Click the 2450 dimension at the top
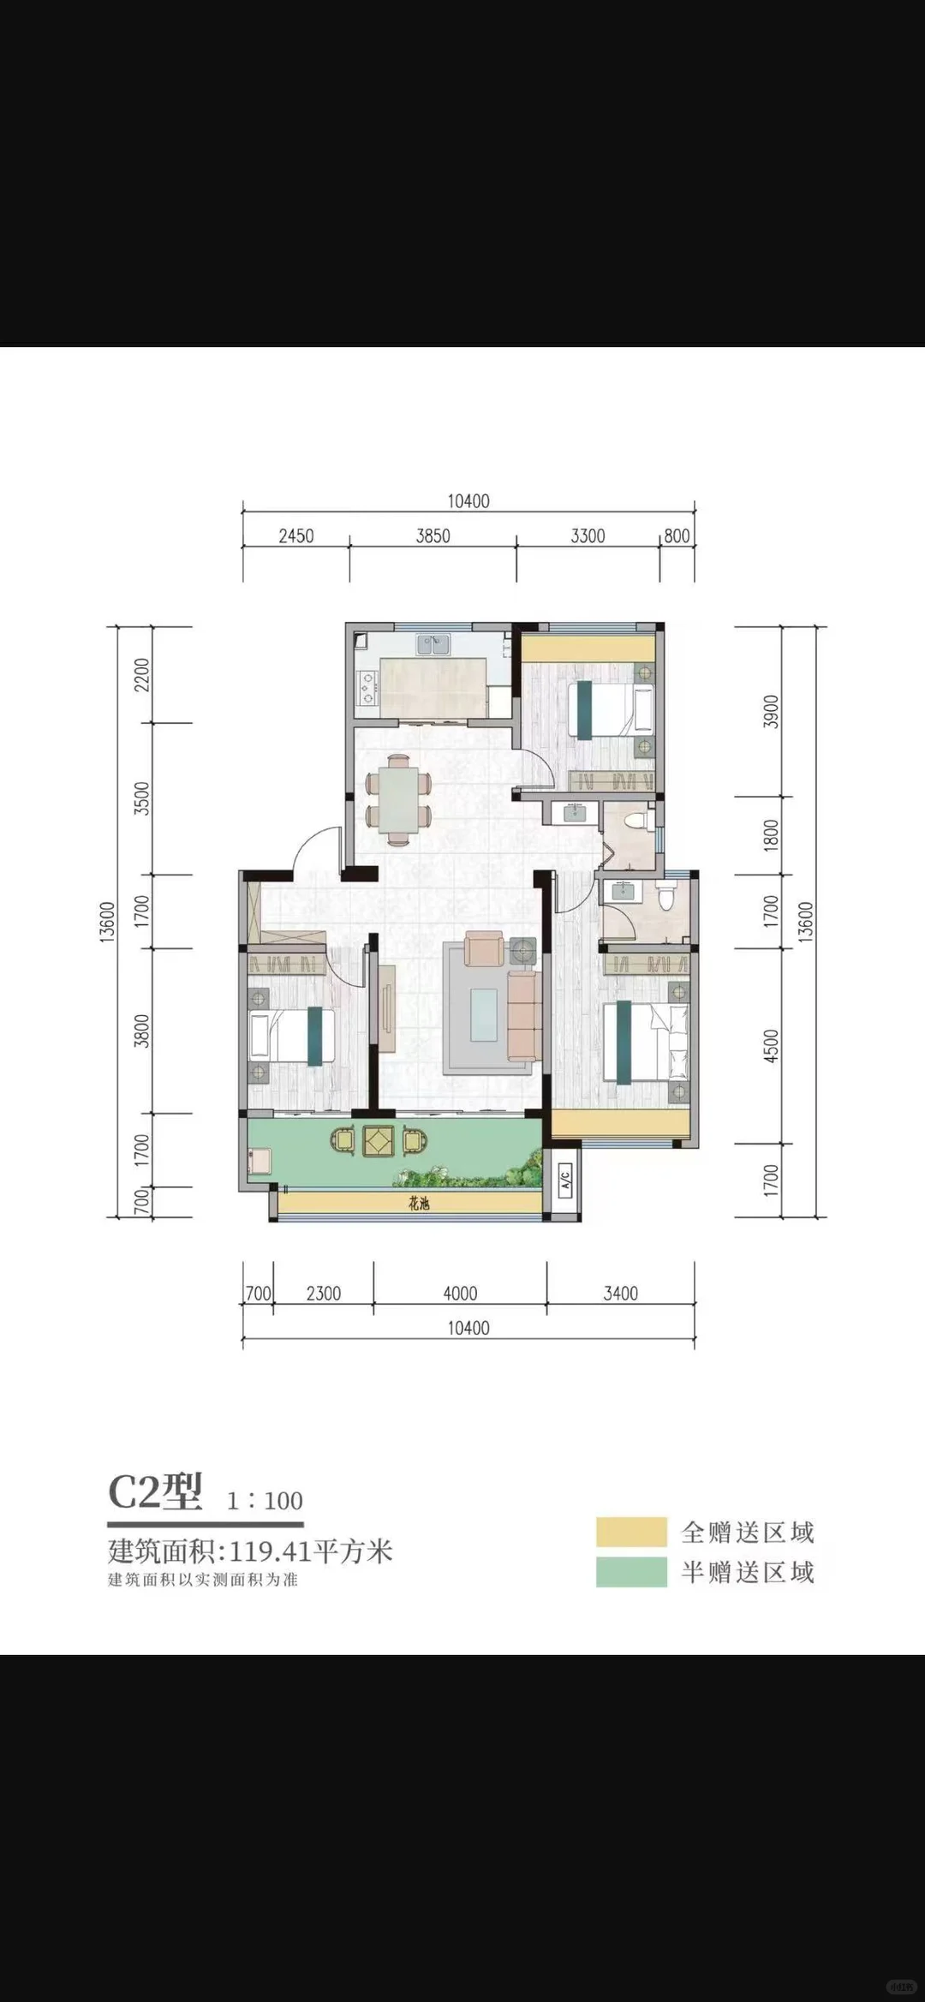tap(296, 536)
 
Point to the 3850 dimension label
tap(433, 536)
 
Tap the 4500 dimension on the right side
tap(772, 1046)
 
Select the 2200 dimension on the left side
tap(142, 675)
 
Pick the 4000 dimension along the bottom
tap(461, 1294)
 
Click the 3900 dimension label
tap(772, 712)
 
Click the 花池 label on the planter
tap(419, 1204)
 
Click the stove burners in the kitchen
tap(368, 686)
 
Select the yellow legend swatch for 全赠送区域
tap(632, 1532)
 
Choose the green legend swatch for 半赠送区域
tap(632, 1572)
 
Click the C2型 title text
tap(155, 1491)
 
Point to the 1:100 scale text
tap(265, 1501)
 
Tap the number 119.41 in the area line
tap(270, 1551)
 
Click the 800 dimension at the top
tap(677, 536)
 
